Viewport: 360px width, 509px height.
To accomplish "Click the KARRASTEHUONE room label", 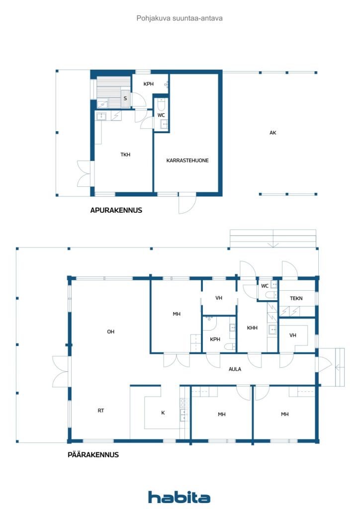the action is point(187,161).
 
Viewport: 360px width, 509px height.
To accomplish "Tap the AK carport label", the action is point(272,132).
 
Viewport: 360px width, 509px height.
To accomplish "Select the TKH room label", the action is point(125,155).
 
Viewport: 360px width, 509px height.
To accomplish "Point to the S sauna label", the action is point(125,98).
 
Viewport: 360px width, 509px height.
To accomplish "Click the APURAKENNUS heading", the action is point(116,210).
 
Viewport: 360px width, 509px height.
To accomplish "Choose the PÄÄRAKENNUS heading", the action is point(93,454).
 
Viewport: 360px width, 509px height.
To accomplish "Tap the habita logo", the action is point(179,497).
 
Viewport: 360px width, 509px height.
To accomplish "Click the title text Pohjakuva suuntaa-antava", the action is point(180,18).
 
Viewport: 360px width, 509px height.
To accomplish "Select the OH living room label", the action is point(111,332).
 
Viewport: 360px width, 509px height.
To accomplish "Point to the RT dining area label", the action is point(101,411).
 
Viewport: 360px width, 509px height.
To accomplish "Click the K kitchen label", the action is point(163,413).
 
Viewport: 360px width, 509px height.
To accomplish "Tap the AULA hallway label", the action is point(235,369).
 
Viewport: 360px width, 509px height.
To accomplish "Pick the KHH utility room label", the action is point(252,328).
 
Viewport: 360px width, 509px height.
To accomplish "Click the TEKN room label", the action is point(296,298).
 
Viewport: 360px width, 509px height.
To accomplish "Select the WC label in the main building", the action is point(265,286).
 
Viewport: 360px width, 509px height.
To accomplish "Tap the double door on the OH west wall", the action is point(62,372).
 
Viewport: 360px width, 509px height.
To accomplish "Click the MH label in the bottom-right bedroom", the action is point(285,414).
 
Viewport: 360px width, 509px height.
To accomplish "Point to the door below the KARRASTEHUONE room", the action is point(187,203).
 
